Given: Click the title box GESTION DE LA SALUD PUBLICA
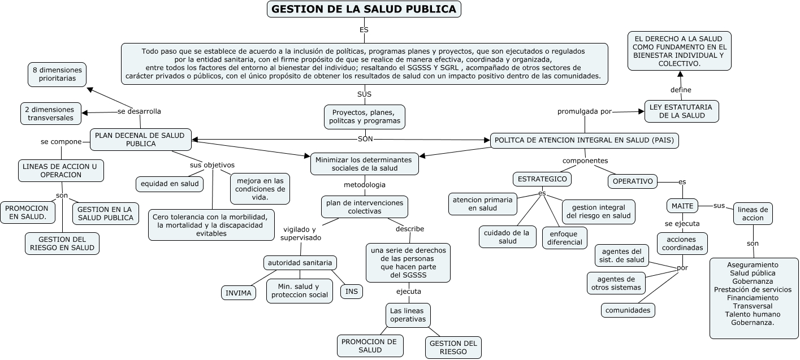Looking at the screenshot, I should click(x=364, y=9).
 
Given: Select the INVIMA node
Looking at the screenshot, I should click(x=238, y=293).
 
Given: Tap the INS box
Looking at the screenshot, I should click(x=352, y=291).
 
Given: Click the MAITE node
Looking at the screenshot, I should click(x=682, y=206).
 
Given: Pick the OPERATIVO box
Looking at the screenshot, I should click(x=633, y=181).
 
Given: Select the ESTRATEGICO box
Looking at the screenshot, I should click(x=542, y=179).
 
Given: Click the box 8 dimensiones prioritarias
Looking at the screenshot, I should click(x=57, y=75).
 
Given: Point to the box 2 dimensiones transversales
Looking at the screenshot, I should click(x=51, y=114).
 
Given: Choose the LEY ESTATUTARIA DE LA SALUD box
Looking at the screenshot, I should click(x=682, y=111).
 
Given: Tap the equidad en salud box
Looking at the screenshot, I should click(x=170, y=184).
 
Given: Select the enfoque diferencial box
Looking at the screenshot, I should click(x=564, y=237).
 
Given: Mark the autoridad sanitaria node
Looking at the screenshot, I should click(x=300, y=263).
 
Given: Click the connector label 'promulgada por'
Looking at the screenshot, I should click(x=585, y=111).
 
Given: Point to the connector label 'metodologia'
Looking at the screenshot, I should click(x=365, y=185).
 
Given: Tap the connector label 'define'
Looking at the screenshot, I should click(x=681, y=90).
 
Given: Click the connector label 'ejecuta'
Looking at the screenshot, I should click(x=408, y=292).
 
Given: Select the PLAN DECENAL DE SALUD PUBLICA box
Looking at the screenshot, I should click(x=141, y=140).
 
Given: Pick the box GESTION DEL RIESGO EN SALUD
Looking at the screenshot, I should click(x=62, y=244).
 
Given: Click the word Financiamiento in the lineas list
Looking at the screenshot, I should click(x=753, y=297).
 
